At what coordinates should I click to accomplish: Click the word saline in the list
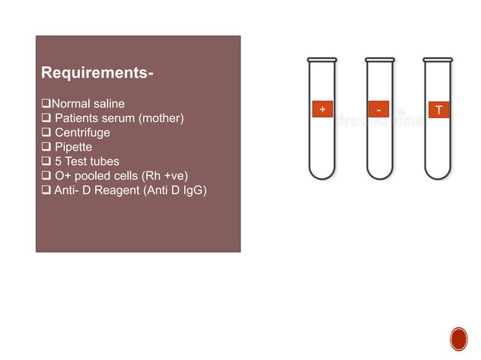108,103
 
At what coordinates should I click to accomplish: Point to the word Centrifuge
82,133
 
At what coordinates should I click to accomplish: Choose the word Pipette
75,147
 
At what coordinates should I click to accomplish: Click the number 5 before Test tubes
58,161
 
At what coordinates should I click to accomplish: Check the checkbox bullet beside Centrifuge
45,133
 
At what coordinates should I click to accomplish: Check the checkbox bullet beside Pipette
45,147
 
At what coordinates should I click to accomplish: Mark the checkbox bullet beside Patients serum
45,118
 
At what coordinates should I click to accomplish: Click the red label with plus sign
322,110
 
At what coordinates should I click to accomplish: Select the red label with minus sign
380,110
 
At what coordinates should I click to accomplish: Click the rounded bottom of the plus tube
321,172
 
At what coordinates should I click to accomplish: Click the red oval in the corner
458,340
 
